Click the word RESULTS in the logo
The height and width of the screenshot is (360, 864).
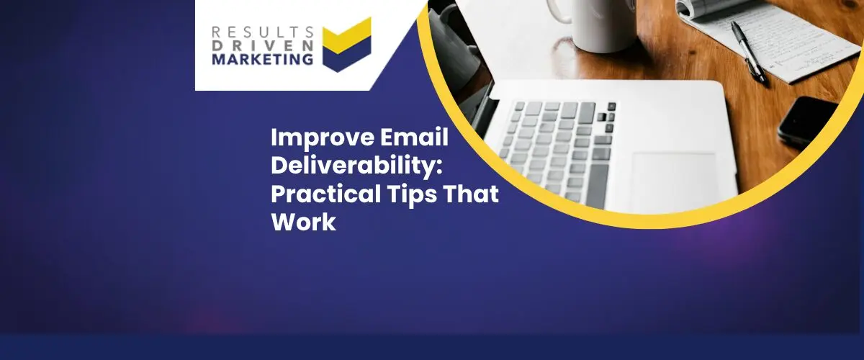[262, 32]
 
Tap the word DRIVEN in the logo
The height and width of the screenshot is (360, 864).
[262, 45]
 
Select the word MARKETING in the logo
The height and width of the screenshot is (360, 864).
[262, 59]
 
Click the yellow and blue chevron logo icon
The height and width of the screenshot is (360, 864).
[347, 45]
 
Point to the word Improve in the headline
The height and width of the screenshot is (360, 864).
[323, 138]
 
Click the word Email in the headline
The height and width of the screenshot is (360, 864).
[415, 137]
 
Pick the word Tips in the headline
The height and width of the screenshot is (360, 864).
[412, 195]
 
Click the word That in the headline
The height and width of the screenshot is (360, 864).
[471, 194]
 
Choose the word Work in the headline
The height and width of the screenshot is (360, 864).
[304, 222]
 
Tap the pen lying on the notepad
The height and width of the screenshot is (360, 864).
[748, 52]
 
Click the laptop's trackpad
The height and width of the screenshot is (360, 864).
[675, 179]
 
